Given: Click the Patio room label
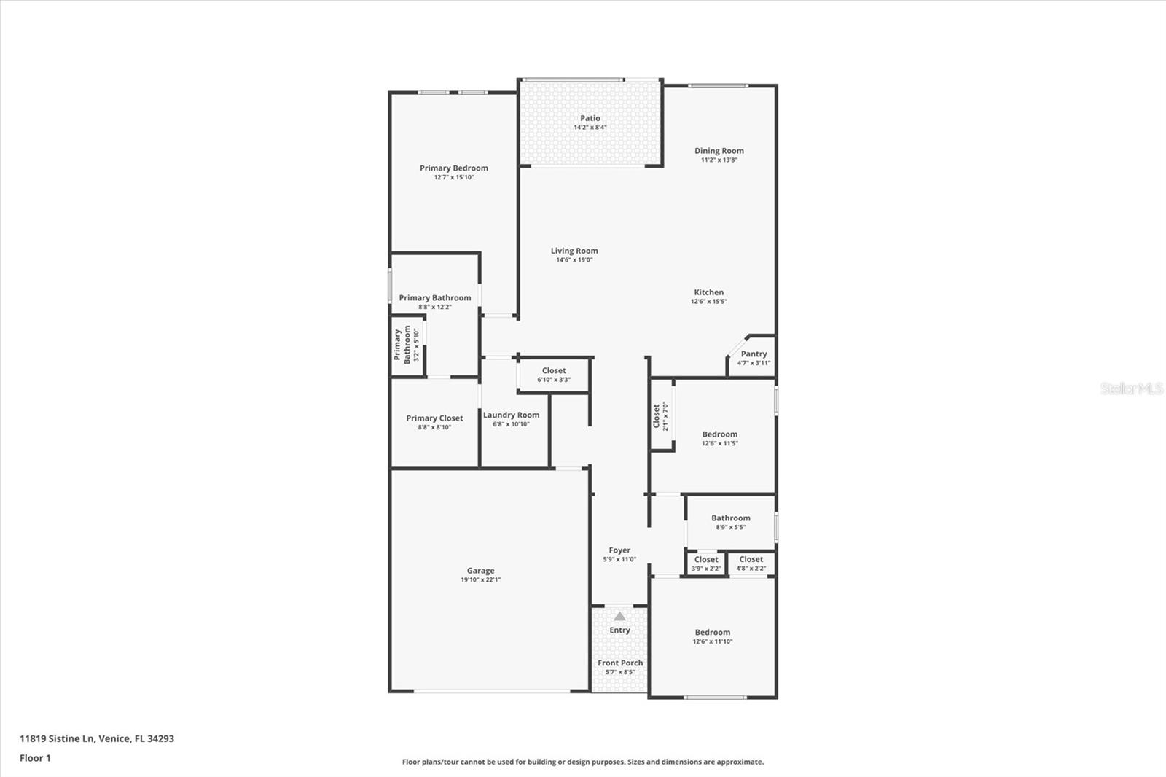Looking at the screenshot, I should click(x=590, y=118).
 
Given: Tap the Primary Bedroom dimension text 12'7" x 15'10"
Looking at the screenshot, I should click(x=454, y=177).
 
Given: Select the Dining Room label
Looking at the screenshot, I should click(x=719, y=151).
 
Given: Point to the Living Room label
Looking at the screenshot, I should click(x=574, y=251).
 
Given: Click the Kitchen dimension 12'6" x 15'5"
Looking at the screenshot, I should click(x=708, y=301).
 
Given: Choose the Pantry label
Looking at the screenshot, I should click(x=754, y=354).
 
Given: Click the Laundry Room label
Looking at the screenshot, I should click(x=511, y=415).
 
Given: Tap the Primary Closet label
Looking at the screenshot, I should click(x=434, y=418).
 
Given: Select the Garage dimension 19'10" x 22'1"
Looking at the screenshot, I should click(x=480, y=580).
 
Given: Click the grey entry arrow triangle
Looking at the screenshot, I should click(x=619, y=617).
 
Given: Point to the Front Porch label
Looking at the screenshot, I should click(x=620, y=663).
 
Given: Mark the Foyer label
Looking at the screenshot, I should click(x=619, y=550).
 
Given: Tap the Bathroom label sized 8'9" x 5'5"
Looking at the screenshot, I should click(x=730, y=518).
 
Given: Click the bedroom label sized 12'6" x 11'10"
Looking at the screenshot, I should click(x=712, y=633).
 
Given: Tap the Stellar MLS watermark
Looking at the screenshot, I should click(x=1131, y=388).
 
